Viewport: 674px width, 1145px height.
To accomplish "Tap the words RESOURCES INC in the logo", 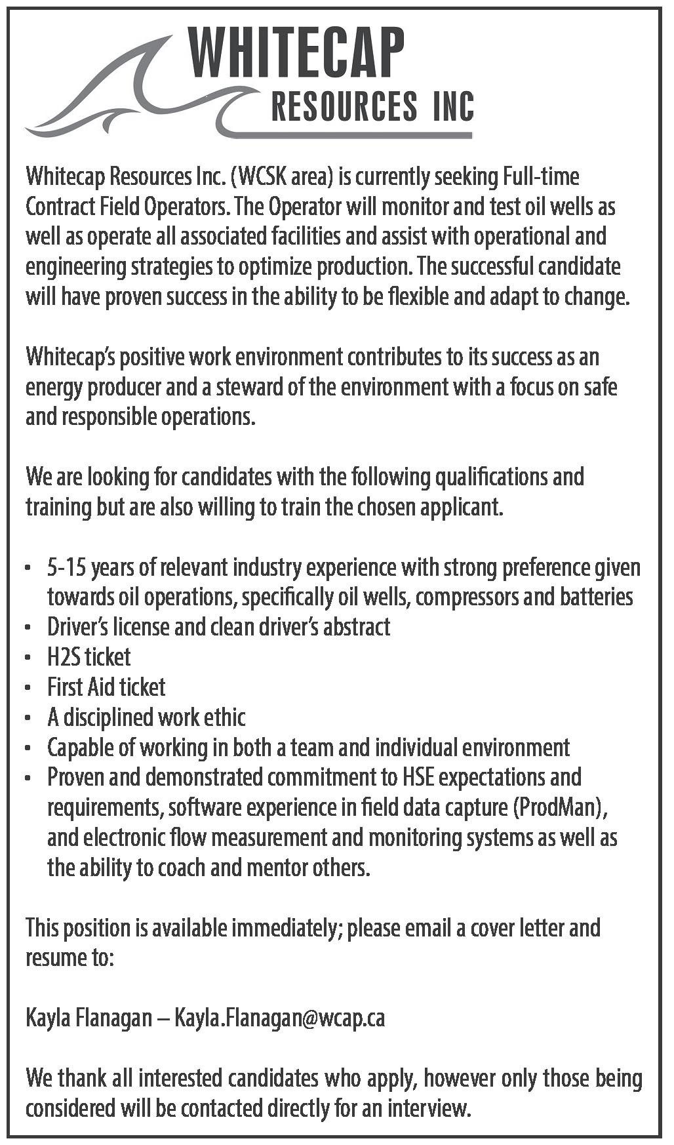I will point(372,107).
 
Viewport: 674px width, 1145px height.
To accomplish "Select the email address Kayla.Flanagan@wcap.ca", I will point(280,1018).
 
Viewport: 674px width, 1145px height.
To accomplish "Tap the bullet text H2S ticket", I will point(89,656).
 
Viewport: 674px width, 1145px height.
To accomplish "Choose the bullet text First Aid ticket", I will point(106,687).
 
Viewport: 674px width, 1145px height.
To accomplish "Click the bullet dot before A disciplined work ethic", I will point(28,719).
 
